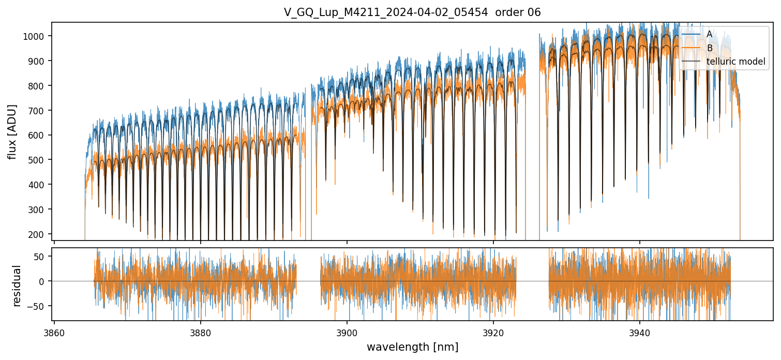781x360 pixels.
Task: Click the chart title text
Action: (412, 12)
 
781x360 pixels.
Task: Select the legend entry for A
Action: (709, 34)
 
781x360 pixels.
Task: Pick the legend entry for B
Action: (709, 48)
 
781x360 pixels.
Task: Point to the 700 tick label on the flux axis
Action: (37, 111)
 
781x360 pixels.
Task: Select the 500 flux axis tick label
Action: (37, 160)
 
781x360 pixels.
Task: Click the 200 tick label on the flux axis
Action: (37, 234)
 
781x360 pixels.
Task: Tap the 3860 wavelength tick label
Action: (54, 333)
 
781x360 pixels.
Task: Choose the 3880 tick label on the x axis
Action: (201, 333)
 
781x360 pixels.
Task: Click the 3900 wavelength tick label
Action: (347, 333)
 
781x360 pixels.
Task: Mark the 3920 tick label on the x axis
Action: (493, 333)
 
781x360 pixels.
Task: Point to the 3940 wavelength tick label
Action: (640, 333)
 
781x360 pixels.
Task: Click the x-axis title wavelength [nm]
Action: (412, 347)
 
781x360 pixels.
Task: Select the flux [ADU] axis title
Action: (12, 131)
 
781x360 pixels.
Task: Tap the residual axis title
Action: (17, 286)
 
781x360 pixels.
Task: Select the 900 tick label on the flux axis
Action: (37, 61)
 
